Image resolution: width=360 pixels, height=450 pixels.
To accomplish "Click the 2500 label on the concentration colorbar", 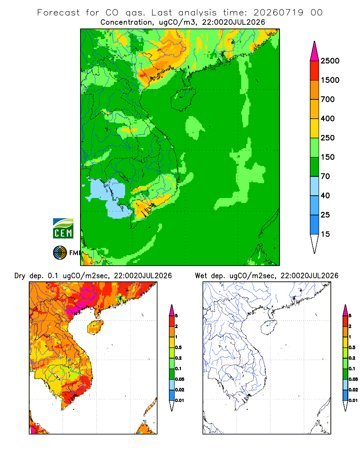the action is (330, 61).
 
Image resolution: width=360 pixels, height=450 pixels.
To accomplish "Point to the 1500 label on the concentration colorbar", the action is (330, 80).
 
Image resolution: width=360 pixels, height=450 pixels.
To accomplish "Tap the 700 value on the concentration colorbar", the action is (328, 99).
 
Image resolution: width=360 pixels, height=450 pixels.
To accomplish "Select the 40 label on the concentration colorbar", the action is (325, 195).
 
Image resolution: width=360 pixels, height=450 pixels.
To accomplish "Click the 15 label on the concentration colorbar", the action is (325, 234).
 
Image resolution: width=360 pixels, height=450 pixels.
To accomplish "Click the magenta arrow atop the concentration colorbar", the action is (315, 51).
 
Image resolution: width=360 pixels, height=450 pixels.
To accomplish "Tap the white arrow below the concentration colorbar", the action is (315, 243).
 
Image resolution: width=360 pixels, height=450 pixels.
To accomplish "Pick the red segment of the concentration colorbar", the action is (315, 71).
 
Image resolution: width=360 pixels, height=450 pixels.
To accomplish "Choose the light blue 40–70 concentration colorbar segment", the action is (315, 186).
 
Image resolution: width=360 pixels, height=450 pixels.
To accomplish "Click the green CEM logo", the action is (63, 229).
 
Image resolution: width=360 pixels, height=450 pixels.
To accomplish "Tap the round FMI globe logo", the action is (60, 253).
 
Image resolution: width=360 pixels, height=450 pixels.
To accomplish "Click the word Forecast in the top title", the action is (58, 13).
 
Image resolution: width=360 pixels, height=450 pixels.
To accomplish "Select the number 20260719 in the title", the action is (278, 13).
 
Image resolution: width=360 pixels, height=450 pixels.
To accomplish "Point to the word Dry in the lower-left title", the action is (20, 276).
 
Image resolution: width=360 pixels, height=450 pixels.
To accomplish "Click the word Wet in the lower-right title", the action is (201, 276).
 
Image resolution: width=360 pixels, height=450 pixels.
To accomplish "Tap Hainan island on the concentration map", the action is (183, 99).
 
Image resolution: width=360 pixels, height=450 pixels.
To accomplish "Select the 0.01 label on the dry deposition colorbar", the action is (180, 400).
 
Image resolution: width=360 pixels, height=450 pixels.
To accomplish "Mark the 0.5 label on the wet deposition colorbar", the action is (352, 347).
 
